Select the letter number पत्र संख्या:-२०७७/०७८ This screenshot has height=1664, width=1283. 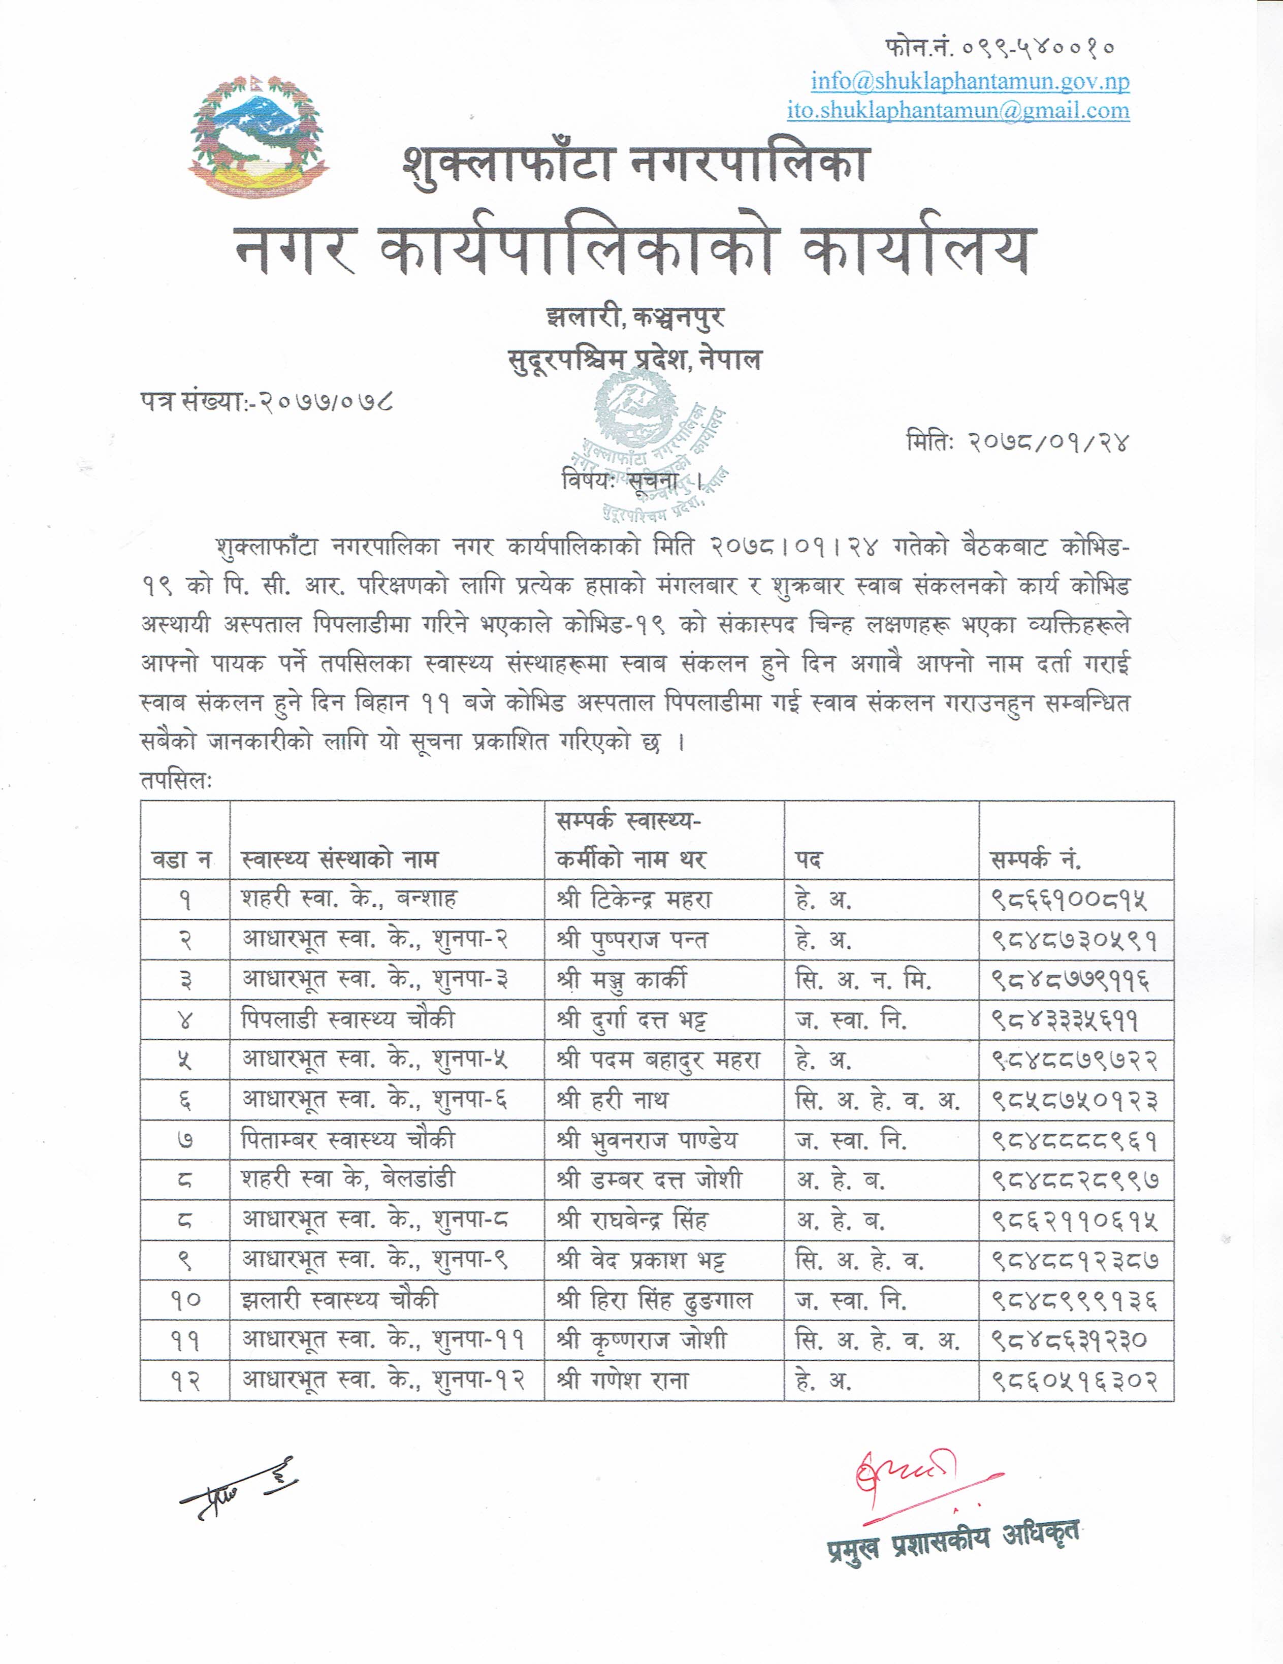267,401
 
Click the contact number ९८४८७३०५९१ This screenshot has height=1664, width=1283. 1074,940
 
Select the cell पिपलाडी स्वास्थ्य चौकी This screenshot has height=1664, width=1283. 348,1019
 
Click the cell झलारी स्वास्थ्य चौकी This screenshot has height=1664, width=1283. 340,1300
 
